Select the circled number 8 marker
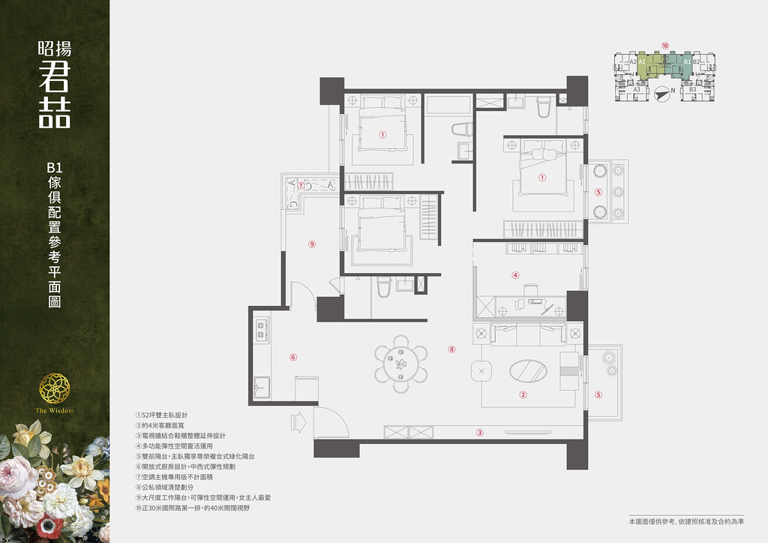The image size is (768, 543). pos(451,349)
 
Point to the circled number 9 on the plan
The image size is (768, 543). pos(311,244)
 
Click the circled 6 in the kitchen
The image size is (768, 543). pos(293,358)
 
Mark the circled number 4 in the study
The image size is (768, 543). pos(515,274)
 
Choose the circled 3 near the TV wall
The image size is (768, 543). pos(479,431)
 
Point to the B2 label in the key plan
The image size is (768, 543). pos(697,61)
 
